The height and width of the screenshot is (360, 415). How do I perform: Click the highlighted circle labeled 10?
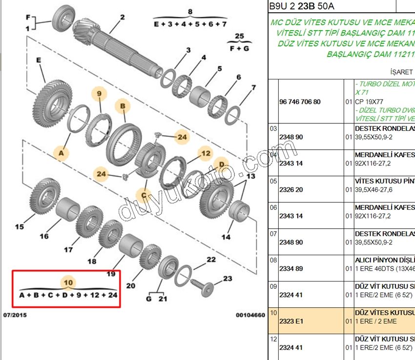tap(68, 282)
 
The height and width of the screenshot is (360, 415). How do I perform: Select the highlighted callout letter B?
tap(123, 105)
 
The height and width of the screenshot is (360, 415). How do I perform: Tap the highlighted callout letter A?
tap(61, 153)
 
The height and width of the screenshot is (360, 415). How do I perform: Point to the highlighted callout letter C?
tap(144, 196)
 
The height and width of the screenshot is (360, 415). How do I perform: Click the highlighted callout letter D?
tap(221, 164)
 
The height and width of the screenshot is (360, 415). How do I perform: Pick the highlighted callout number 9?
tap(99, 93)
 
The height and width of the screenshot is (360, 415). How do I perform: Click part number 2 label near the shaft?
tap(122, 18)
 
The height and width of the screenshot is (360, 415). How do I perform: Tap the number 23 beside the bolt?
tap(228, 279)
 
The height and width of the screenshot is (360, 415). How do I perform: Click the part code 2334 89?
tap(291, 269)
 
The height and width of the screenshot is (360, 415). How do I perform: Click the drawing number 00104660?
tap(250, 315)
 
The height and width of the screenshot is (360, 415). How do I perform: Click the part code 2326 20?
tap(291, 189)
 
